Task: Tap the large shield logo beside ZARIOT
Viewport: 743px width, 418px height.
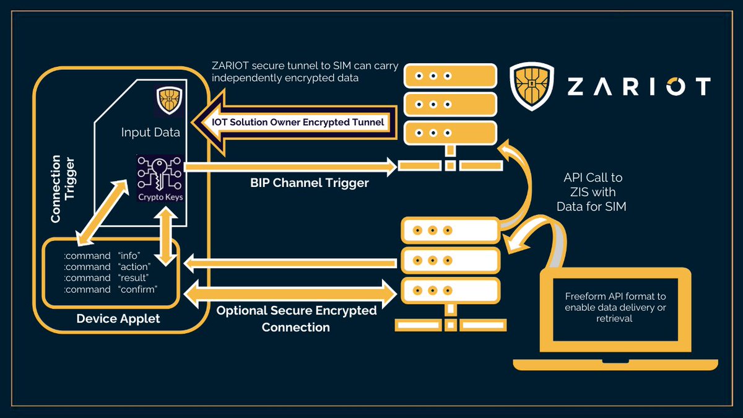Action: [x=532, y=85]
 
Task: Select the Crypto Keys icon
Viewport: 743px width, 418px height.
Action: [x=160, y=178]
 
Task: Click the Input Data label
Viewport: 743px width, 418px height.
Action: [x=150, y=133]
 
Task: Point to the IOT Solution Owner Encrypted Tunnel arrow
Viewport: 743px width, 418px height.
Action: [x=291, y=123]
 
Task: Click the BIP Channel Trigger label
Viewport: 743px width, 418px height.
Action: [x=310, y=183]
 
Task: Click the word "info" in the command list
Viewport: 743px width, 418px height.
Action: [x=129, y=255]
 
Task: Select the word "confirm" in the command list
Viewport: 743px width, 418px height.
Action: [x=137, y=289]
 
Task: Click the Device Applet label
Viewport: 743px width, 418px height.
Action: [x=118, y=319]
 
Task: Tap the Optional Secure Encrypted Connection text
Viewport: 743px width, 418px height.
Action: [x=296, y=318]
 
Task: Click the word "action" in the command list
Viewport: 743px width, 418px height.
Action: [x=134, y=266]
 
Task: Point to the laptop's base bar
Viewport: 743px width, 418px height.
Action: [x=615, y=364]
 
